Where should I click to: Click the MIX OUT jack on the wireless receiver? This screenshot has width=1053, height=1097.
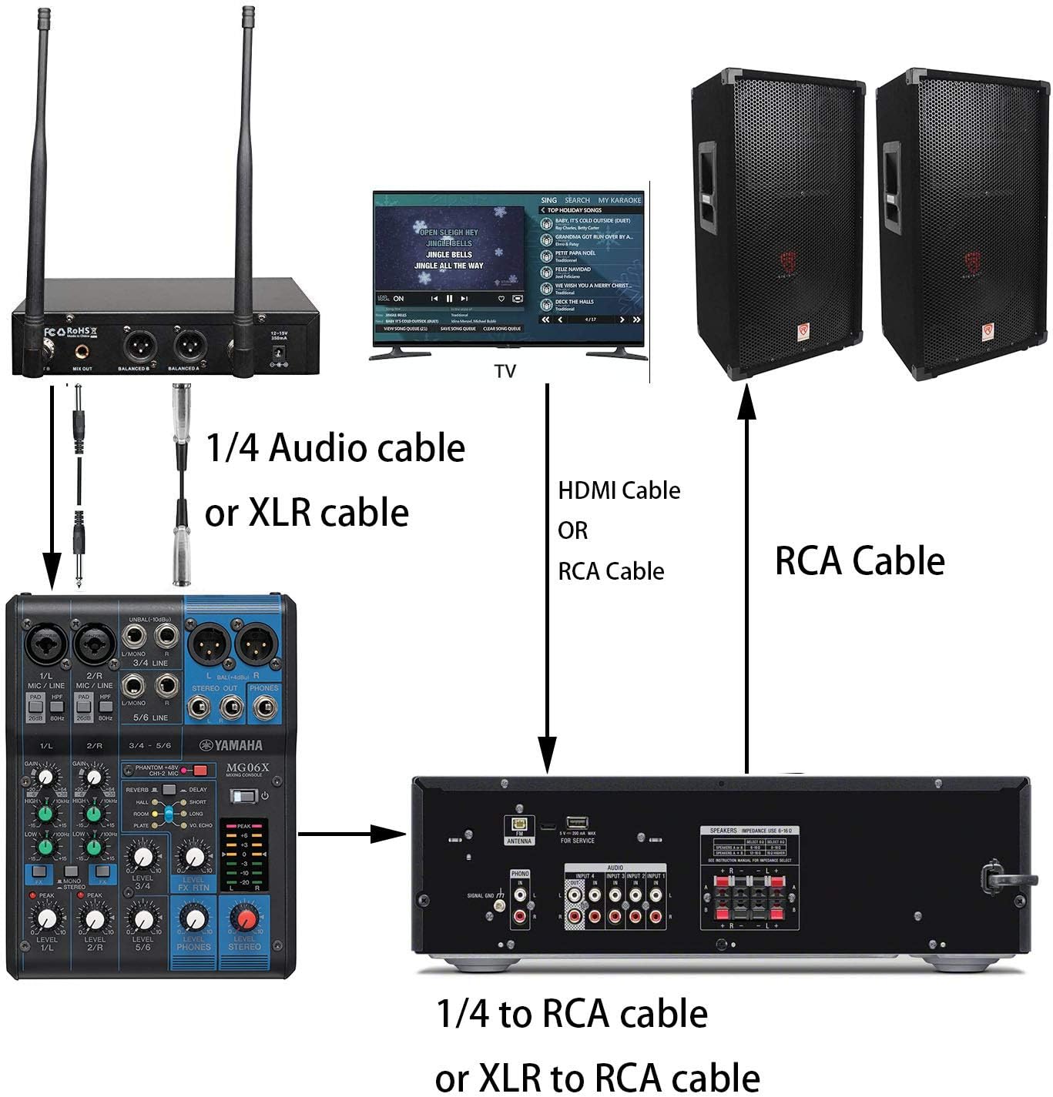tap(82, 351)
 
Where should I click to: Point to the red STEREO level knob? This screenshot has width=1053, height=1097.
tap(245, 919)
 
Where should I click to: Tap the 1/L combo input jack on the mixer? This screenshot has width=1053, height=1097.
tap(45, 644)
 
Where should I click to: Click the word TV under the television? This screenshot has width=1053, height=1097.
tap(505, 372)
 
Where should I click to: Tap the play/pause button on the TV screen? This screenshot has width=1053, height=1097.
tap(449, 299)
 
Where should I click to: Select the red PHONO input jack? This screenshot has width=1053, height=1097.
tap(520, 916)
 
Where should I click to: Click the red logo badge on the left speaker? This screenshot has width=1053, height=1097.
tap(803, 333)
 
